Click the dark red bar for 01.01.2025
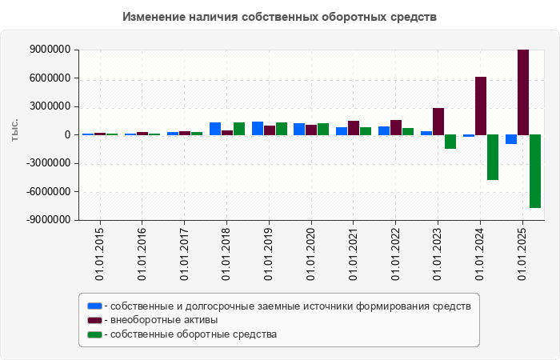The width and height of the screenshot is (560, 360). click(523, 92)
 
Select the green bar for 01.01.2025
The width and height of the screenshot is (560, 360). click(535, 171)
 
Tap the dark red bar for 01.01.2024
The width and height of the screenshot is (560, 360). click(481, 106)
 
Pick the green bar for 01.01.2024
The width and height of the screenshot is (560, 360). click(493, 157)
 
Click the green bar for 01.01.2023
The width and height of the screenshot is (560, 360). click(450, 142)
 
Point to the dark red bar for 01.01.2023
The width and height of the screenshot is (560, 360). click(438, 121)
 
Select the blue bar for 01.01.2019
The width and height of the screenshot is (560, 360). click(258, 128)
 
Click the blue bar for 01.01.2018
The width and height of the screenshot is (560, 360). click(215, 128)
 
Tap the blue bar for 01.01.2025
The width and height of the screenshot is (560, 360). click(511, 139)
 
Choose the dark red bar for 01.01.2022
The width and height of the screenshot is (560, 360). click(396, 127)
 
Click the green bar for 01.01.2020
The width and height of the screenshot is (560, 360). click(323, 129)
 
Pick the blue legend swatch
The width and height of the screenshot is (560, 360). click(95, 306)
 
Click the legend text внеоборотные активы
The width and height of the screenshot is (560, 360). click(164, 320)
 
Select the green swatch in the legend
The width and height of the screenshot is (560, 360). click(95, 334)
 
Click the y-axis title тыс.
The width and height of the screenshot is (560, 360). click(15, 130)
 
